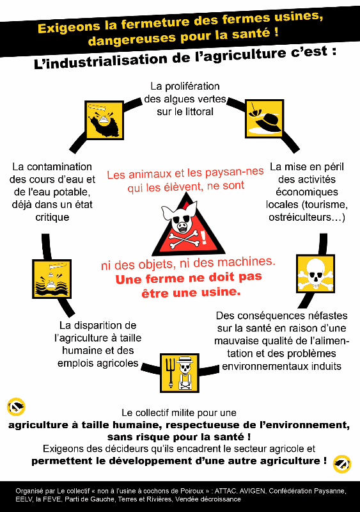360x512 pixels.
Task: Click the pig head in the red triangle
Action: [x=180, y=217]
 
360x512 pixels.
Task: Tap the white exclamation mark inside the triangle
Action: [x=203, y=237]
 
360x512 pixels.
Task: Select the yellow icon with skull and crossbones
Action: [x=315, y=273]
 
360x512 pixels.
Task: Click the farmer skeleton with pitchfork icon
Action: [x=180, y=373]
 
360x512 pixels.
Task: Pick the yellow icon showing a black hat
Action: [x=264, y=119]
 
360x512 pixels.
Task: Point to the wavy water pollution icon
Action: [x=52, y=279]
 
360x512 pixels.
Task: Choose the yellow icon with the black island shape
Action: [x=104, y=120]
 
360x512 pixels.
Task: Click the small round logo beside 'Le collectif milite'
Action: [x=16, y=407]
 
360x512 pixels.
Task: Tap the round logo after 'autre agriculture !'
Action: [x=342, y=463]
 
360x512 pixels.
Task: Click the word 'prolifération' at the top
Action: [x=192, y=86]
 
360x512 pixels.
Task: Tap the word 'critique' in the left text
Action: [x=52, y=217]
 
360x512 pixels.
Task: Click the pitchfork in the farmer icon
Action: [x=170, y=373]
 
